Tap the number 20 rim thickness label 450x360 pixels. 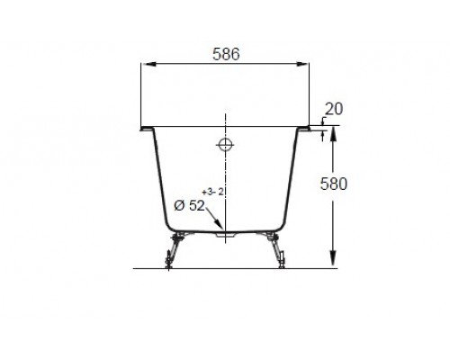[x=334, y=109]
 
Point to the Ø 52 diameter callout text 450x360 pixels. [x=190, y=206]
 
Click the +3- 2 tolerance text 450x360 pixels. [x=211, y=191]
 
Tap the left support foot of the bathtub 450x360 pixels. [x=169, y=252]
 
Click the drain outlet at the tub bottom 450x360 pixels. [x=226, y=234]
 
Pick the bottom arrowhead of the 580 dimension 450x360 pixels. [x=334, y=262]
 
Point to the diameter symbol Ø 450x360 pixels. [x=178, y=206]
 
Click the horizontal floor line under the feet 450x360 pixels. [x=225, y=268]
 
